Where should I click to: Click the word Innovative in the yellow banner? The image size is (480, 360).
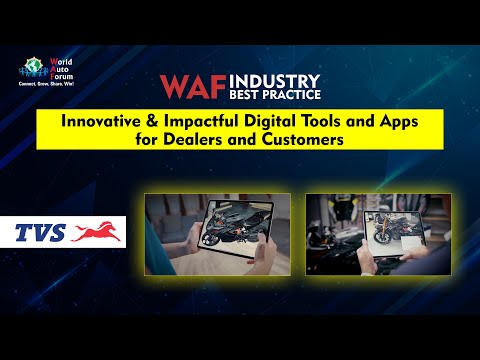[104, 121]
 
